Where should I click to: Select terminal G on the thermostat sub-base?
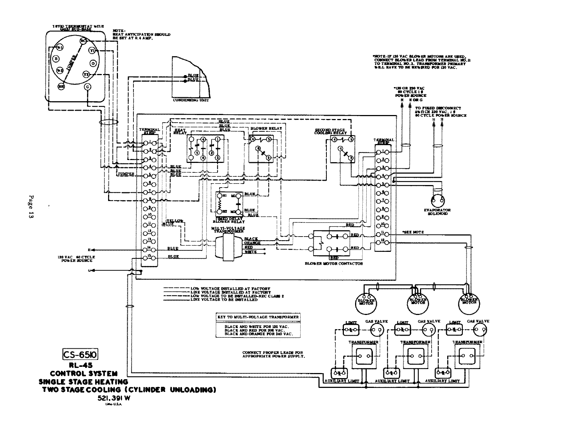[87, 87]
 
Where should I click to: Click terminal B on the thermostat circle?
[56, 58]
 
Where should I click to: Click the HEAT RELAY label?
[180, 131]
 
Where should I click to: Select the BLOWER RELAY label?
[264, 128]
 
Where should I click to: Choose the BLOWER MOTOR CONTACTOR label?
[334, 264]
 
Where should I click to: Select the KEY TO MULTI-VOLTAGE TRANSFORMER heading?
[258, 317]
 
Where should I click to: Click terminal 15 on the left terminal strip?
[149, 257]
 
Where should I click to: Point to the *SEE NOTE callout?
[413, 232]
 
